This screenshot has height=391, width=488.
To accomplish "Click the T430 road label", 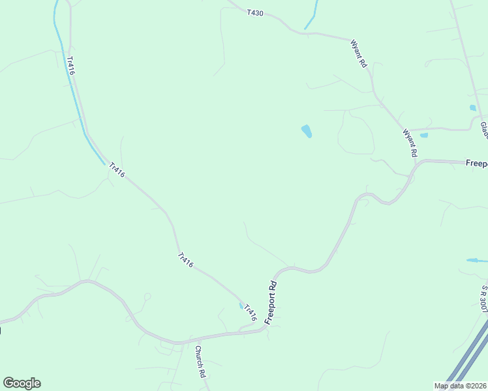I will click(x=255, y=12).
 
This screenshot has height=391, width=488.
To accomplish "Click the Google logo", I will click(x=22, y=383).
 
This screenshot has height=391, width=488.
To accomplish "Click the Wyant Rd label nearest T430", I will click(x=359, y=55).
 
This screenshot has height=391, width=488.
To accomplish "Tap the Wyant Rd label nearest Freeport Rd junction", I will click(x=410, y=143).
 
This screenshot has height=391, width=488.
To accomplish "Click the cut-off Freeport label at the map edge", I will click(x=476, y=164).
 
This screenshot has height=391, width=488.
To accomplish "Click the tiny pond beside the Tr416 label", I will click(x=241, y=305).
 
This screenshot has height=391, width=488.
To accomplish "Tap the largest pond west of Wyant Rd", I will click(x=306, y=132).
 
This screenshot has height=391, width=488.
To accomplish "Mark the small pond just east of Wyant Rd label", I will click(x=424, y=136).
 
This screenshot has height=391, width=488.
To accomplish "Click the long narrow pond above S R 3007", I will click(x=476, y=261).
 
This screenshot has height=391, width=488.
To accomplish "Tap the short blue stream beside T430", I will click(x=311, y=16).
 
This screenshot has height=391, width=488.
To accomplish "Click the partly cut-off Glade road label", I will click(x=484, y=128).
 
